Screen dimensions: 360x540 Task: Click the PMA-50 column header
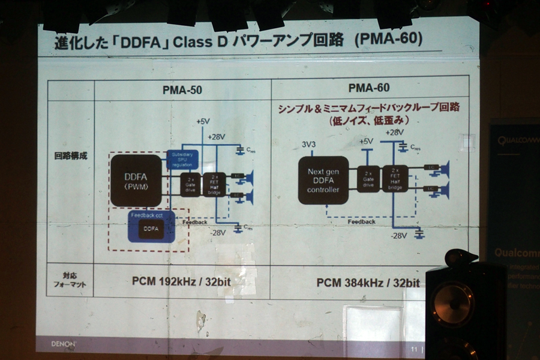click(182, 90)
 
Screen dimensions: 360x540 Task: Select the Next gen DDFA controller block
click(323, 179)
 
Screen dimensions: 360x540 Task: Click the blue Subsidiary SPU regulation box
click(182, 159)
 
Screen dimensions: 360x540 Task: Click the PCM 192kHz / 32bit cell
click(181, 279)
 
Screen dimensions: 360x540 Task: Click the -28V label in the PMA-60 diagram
click(399, 235)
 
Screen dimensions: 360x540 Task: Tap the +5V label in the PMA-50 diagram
click(202, 121)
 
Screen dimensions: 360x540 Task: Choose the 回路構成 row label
click(71, 155)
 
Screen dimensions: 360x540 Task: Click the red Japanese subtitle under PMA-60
click(368, 113)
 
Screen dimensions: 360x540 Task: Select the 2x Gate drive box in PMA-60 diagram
click(367, 179)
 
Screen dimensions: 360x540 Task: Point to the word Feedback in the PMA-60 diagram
click(361, 221)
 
